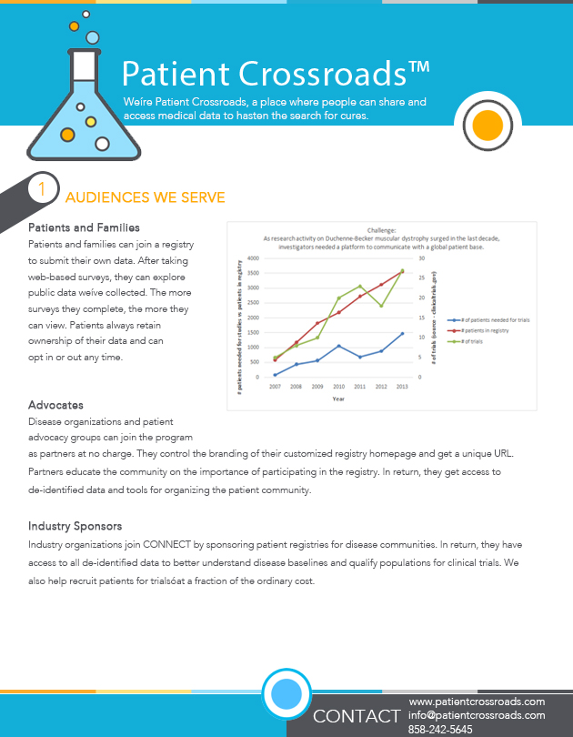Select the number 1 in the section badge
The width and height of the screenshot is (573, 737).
click(41, 189)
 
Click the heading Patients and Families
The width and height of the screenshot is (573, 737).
click(84, 227)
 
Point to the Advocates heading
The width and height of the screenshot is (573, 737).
click(55, 404)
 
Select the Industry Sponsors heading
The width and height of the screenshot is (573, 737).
click(75, 526)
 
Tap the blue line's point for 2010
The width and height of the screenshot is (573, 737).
click(338, 346)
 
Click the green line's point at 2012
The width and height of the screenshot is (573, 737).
click(381, 306)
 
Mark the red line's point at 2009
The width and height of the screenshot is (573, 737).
click(317, 323)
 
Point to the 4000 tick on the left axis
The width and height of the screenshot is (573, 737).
click(254, 258)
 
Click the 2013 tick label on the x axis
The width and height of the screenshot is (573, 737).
click(402, 387)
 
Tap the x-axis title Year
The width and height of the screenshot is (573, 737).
click(338, 399)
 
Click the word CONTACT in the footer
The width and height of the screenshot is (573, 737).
click(357, 716)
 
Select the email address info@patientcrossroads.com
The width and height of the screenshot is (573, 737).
click(477, 715)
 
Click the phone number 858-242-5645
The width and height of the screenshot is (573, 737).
click(441, 729)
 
